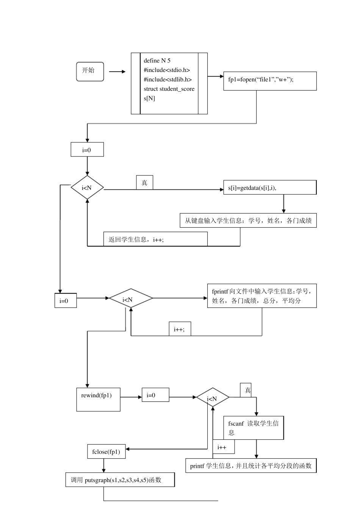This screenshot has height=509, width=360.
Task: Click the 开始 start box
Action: [90, 71]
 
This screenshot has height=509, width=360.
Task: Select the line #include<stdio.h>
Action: [167, 70]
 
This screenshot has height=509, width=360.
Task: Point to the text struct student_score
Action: [169, 89]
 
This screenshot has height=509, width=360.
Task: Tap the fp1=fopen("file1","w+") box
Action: [270, 81]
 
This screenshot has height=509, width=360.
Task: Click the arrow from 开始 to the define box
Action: [117, 72]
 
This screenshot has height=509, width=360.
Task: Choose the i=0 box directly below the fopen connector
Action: [87, 150]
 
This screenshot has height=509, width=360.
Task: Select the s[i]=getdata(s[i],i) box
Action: [270, 187]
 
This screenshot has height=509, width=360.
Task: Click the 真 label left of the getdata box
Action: [144, 183]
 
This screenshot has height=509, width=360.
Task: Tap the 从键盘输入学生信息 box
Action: [248, 220]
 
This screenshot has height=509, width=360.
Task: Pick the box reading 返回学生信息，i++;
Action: [155, 239]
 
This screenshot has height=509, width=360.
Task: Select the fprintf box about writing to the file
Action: [261, 296]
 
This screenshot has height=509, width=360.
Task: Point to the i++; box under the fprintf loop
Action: [180, 329]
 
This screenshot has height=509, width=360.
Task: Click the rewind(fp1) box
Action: [98, 400]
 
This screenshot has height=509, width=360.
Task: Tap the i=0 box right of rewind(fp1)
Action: [155, 395]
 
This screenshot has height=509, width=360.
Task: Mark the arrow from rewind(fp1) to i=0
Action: [131, 397]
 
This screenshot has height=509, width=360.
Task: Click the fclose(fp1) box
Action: [106, 452]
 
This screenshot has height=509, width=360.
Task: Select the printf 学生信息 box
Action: [251, 466]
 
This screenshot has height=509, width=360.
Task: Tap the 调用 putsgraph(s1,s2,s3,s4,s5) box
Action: [120, 480]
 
